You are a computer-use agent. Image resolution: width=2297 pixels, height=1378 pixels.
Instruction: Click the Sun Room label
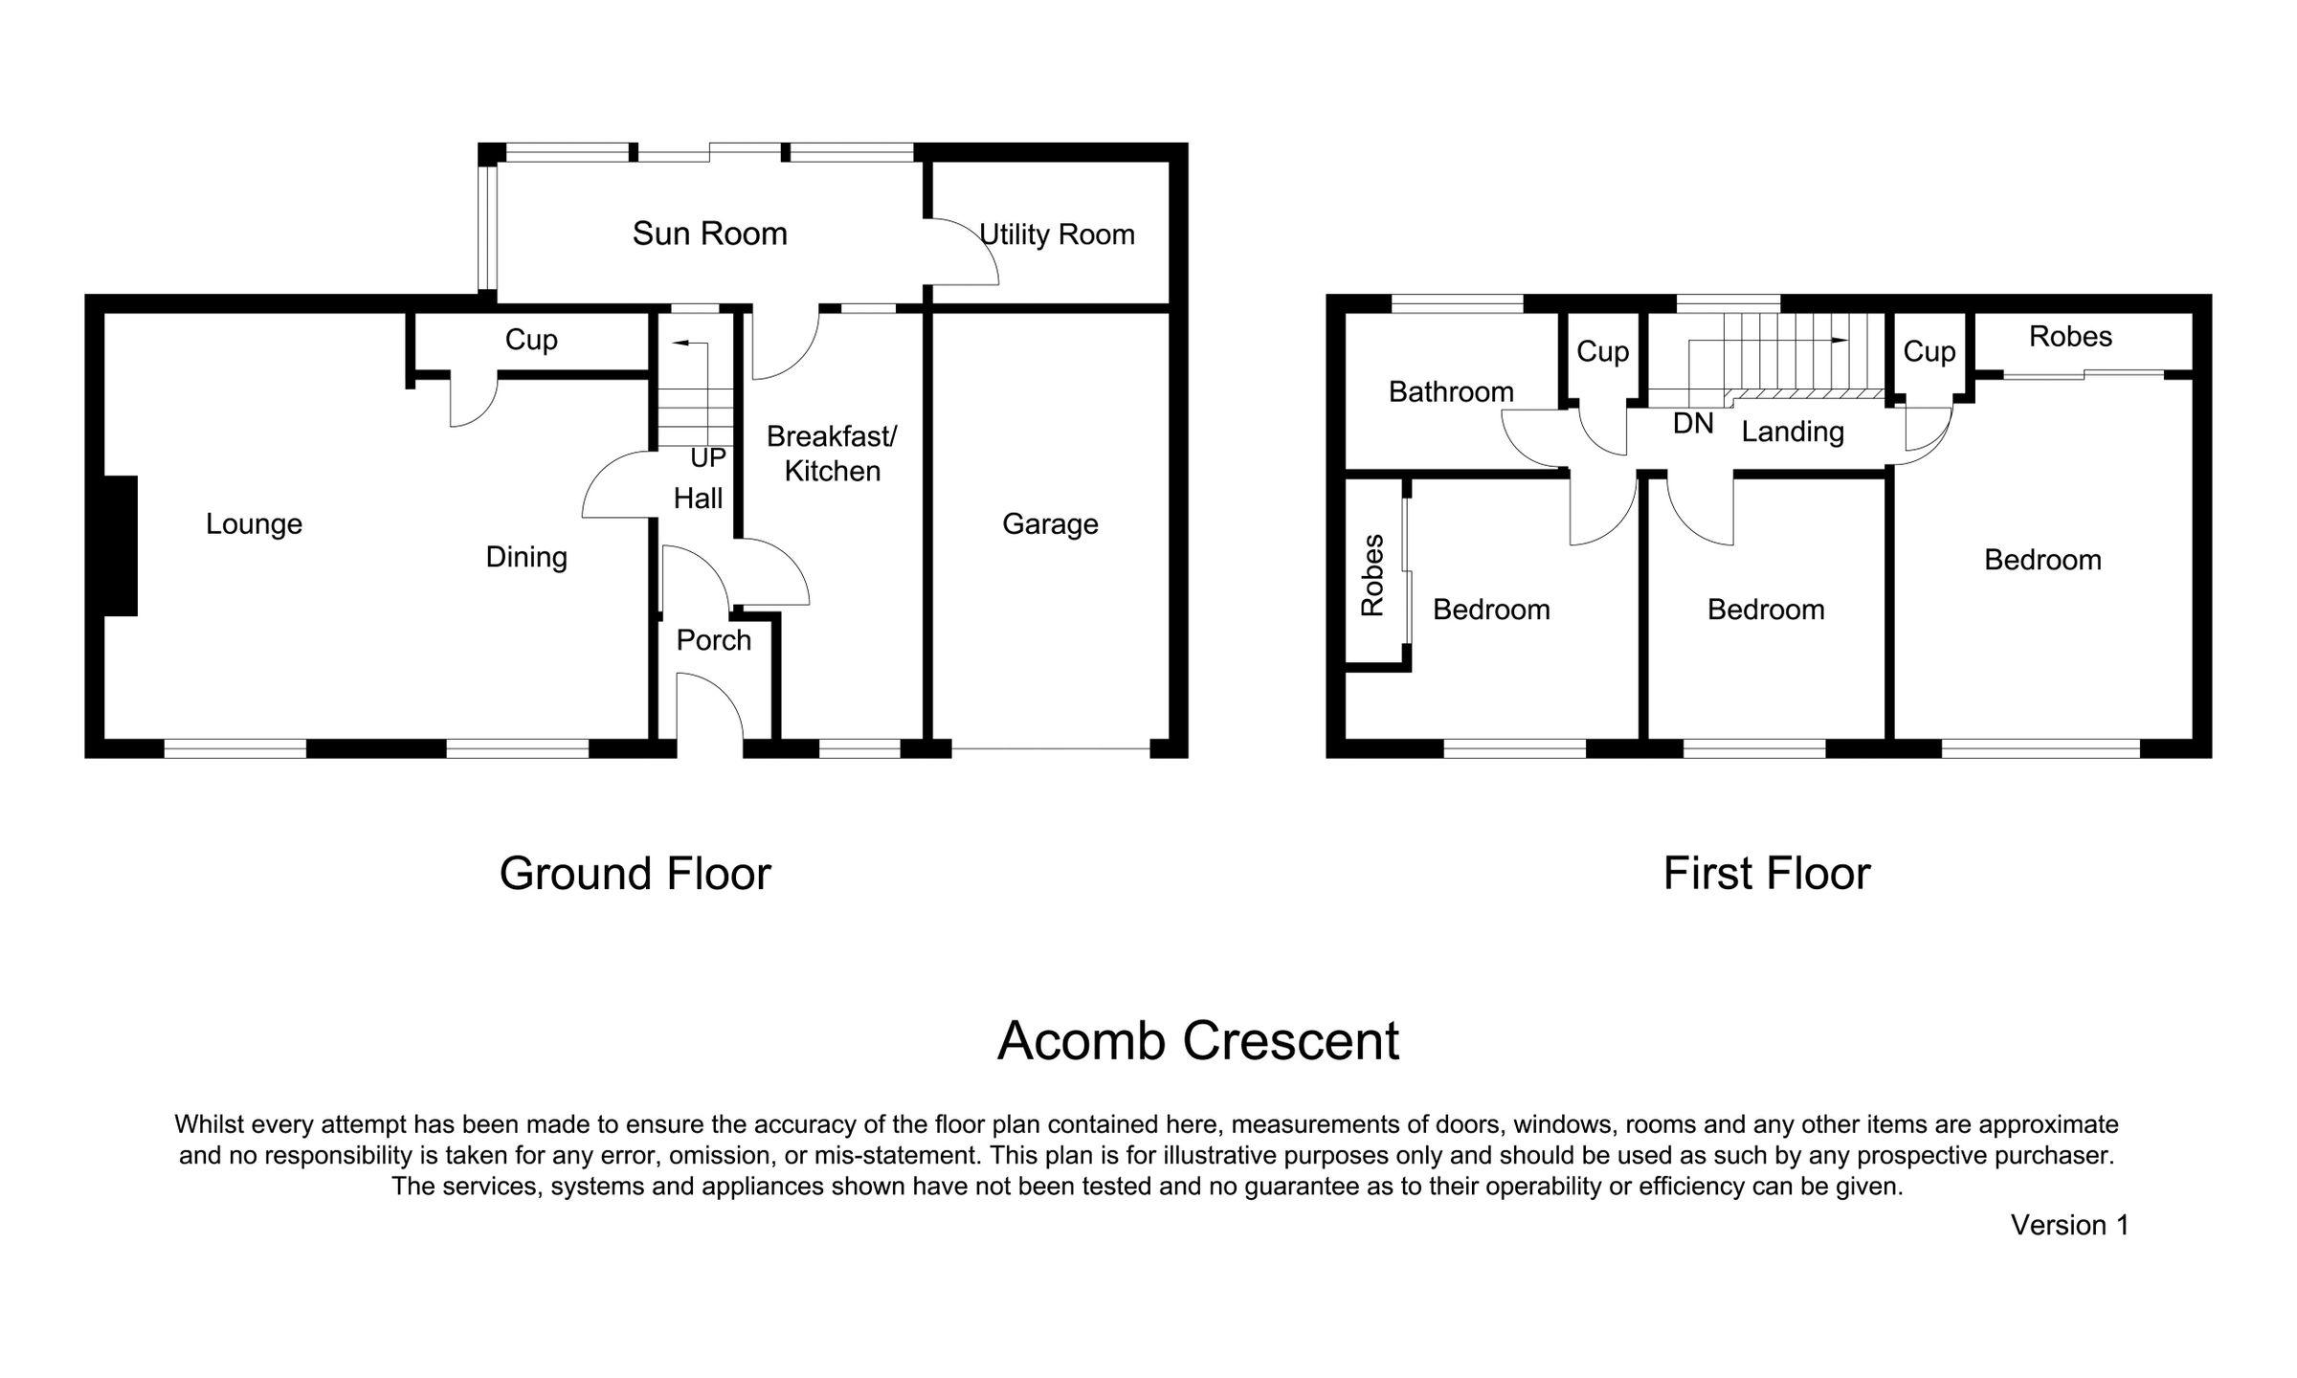(x=709, y=233)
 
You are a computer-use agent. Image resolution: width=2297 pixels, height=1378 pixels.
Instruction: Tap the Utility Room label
(x=1057, y=234)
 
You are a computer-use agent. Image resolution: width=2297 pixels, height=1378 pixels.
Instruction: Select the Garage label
(x=1050, y=523)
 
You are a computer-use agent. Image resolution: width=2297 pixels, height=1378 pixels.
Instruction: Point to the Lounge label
(x=254, y=523)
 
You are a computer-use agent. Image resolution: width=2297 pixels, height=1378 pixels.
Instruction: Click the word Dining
(x=525, y=557)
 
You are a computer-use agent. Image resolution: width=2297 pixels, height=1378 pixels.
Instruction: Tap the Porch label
(x=713, y=640)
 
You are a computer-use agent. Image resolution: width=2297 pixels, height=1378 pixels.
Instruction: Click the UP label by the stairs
(x=708, y=458)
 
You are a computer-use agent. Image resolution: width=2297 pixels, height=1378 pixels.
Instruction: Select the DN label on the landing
(x=1693, y=424)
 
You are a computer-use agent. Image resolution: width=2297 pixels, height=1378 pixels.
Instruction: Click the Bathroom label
(x=1451, y=391)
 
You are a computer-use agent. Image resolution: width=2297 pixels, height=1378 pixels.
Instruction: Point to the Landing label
(x=1792, y=432)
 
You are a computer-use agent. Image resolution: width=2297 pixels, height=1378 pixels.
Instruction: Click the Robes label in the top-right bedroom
(x=2070, y=336)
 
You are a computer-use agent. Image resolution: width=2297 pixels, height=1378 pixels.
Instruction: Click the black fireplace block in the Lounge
(x=121, y=545)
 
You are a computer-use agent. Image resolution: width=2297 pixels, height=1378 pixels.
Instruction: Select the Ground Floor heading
(x=635, y=874)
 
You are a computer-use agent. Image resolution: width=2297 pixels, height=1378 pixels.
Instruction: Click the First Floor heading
(x=1766, y=874)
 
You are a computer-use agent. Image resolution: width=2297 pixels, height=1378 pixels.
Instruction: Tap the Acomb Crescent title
(x=1197, y=1041)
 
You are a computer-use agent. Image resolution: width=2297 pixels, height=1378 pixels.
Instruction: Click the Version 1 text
(x=2069, y=1225)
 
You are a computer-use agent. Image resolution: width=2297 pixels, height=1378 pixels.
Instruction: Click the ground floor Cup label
(x=530, y=340)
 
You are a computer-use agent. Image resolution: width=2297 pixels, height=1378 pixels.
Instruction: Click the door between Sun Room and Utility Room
(x=962, y=253)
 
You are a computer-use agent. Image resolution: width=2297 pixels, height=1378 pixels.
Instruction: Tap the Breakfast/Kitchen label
(x=832, y=454)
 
